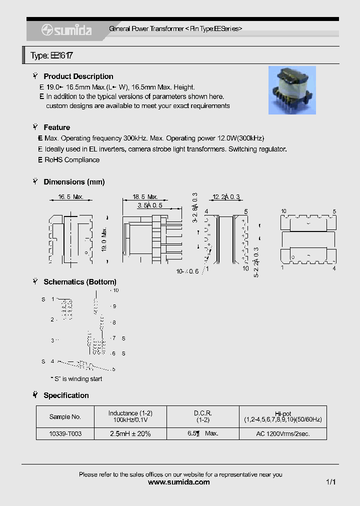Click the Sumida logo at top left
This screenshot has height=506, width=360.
(66, 30)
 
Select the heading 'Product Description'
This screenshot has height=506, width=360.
(78, 76)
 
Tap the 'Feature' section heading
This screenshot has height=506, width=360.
(56, 127)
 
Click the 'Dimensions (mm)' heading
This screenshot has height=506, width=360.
(74, 182)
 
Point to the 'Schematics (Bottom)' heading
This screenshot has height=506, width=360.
(80, 282)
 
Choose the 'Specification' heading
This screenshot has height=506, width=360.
(66, 395)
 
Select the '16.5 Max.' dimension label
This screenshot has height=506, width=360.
(70, 197)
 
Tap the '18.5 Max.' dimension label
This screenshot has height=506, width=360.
(145, 197)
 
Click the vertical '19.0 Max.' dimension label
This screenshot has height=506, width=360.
(104, 240)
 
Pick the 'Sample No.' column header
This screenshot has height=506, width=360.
(65, 416)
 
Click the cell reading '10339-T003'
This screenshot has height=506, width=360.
(65, 433)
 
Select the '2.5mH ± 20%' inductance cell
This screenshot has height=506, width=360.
(130, 433)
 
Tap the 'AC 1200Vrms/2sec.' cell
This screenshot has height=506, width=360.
(282, 433)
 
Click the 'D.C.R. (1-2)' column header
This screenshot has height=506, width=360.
(202, 416)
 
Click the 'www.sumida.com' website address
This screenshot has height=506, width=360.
(179, 482)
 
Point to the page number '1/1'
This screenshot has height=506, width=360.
(330, 482)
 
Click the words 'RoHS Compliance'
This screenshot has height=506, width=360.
(72, 160)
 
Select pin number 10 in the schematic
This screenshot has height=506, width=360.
(115, 290)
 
